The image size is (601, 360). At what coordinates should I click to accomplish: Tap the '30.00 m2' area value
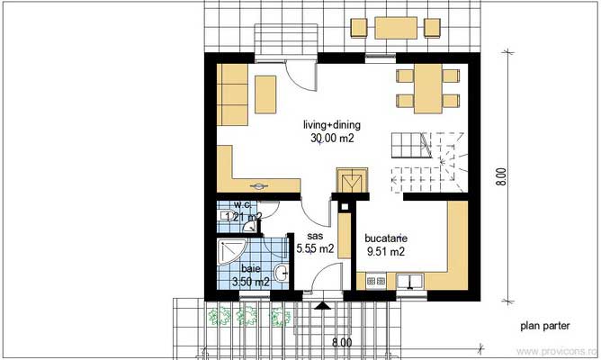click(x=332, y=139)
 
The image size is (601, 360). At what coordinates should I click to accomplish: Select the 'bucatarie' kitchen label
click(x=386, y=238)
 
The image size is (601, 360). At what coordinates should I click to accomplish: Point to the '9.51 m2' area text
click(x=384, y=252)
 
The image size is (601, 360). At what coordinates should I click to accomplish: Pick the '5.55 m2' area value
click(x=315, y=248)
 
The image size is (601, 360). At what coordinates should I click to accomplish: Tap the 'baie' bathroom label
click(x=250, y=268)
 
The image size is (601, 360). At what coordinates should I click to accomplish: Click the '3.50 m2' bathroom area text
click(x=251, y=282)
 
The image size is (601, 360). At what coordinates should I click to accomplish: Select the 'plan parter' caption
click(x=543, y=327)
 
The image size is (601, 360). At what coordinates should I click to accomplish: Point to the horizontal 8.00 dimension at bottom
click(x=342, y=343)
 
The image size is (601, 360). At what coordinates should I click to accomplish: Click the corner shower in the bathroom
click(x=231, y=252)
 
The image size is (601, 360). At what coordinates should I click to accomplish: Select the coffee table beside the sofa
click(x=265, y=94)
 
